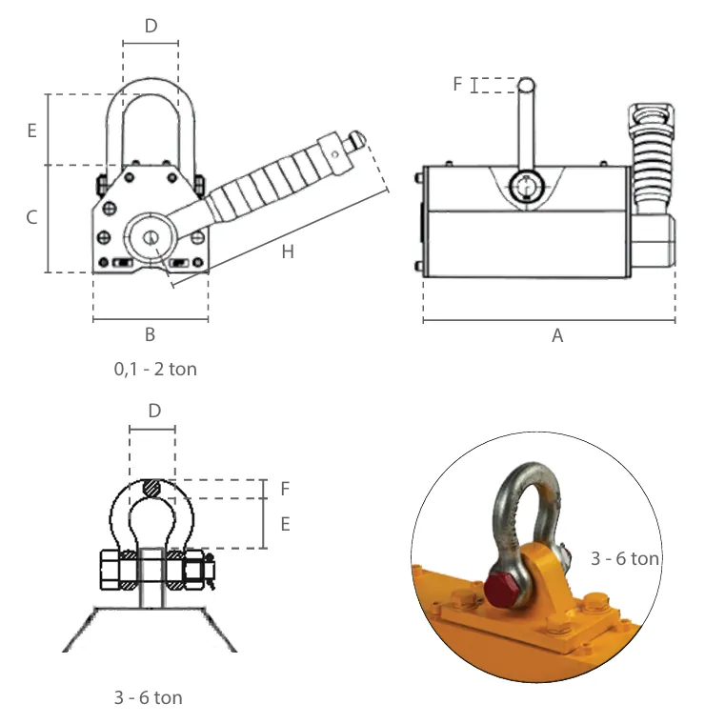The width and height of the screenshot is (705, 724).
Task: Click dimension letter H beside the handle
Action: pyautogui.click(x=288, y=252)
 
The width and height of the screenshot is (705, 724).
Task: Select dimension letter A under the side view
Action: pyautogui.click(x=558, y=335)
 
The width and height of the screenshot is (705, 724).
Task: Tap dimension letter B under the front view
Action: pyautogui.click(x=150, y=334)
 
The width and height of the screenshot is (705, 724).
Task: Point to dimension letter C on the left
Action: pyautogui.click(x=31, y=218)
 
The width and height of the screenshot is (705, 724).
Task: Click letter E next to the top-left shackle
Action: pyautogui.click(x=31, y=131)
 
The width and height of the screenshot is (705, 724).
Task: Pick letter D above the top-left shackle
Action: pyautogui.click(x=151, y=26)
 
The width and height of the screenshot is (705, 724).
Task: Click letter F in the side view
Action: pyautogui.click(x=457, y=85)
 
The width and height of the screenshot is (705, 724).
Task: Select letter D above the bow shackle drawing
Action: pyautogui.click(x=155, y=411)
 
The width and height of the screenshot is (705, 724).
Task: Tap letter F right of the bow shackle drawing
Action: pyautogui.click(x=284, y=489)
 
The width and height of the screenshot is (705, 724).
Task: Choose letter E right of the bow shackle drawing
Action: pyautogui.click(x=284, y=524)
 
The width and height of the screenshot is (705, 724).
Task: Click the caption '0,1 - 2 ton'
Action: pyautogui.click(x=155, y=369)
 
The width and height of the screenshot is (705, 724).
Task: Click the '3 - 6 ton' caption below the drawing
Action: pyautogui.click(x=148, y=697)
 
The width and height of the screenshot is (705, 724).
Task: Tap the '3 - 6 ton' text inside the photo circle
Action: pyautogui.click(x=625, y=558)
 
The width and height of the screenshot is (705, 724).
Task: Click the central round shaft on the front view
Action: pyautogui.click(x=149, y=234)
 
